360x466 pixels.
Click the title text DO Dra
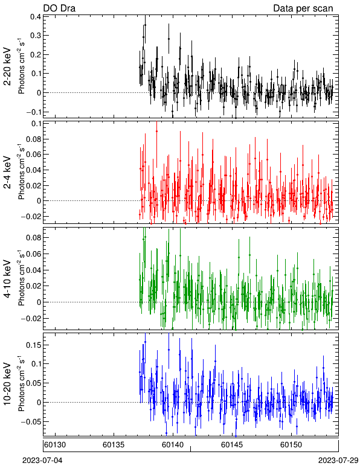coord(59,8)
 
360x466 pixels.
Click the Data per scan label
coord(303,8)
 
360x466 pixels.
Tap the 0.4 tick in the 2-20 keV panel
coord(36,16)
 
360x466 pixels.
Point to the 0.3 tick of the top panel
coord(36,36)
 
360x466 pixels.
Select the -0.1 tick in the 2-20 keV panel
coord(33,112)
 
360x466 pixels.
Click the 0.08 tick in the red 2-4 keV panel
coord(34,139)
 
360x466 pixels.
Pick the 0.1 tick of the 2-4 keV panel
coord(36,123)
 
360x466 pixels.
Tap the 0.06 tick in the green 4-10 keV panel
coord(34,254)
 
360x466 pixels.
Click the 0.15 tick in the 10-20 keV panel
coord(34,345)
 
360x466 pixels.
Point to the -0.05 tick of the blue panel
coord(31,422)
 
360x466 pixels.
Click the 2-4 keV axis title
coord(7,173)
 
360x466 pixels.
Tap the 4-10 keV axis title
coord(7,279)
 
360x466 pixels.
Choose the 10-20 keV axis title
coord(7,384)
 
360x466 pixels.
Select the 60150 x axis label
coord(291,445)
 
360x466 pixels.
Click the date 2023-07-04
coord(42,461)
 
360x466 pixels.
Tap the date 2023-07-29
coord(338,461)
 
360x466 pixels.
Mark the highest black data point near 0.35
coord(145,25)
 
